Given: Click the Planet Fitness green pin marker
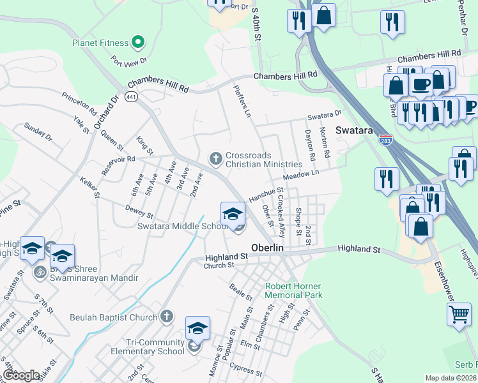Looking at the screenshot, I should point(137,43).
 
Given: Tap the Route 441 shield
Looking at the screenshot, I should point(132,97).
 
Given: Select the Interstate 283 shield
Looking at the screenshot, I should point(385,139).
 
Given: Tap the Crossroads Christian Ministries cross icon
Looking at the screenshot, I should point(216,157).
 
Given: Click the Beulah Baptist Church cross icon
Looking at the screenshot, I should point(166,317).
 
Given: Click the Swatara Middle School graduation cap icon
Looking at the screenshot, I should point(233,213).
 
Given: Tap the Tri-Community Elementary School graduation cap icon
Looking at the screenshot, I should point(198,329).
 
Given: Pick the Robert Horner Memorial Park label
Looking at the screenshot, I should point(294,290).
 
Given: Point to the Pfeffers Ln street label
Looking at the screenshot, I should point(242,101).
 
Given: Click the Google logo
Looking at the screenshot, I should point(22,375).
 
